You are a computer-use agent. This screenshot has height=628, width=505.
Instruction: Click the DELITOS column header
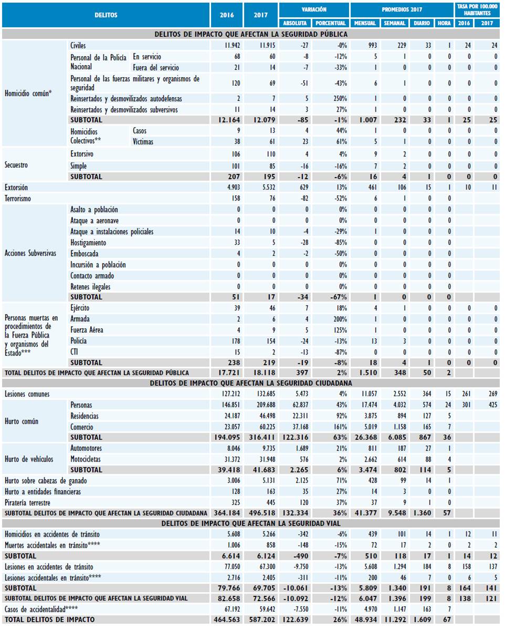coord(106,15)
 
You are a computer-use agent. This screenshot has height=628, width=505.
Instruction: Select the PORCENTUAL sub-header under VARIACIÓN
coord(331,24)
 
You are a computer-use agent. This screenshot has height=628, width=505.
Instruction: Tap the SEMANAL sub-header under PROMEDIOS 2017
coord(394,24)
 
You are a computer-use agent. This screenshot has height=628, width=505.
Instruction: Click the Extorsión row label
coord(16,187)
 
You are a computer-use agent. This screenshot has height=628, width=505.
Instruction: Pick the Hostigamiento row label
coord(88,243)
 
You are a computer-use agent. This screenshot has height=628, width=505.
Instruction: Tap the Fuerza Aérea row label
coord(87,330)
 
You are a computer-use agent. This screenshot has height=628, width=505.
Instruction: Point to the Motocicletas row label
coord(86,459)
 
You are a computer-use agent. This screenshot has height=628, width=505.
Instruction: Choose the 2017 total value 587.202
coord(261,620)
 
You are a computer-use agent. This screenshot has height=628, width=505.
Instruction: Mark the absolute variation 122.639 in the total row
coord(296,620)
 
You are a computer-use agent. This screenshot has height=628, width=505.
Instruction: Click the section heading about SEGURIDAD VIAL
coord(251,524)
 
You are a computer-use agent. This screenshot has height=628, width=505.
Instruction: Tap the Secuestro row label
coord(16,165)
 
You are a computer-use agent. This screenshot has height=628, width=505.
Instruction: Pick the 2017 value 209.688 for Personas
coord(261,405)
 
